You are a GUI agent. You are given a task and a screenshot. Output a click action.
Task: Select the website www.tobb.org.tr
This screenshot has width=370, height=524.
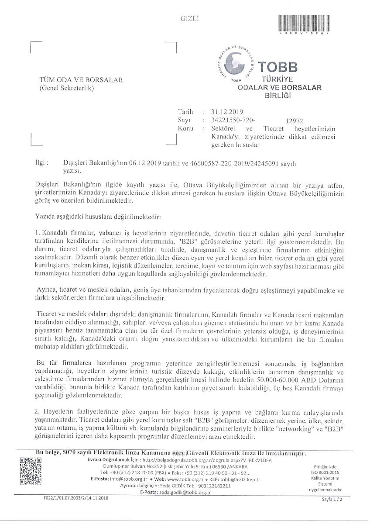(177, 479)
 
